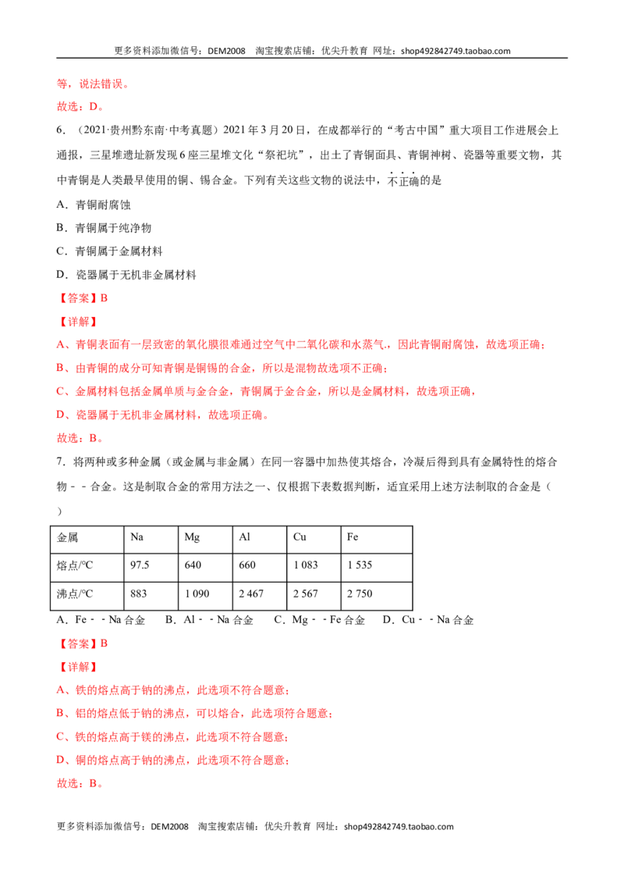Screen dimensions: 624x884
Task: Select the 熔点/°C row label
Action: click(x=75, y=565)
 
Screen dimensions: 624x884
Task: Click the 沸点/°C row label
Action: click(x=75, y=594)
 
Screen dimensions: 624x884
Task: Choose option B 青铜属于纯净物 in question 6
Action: click(x=104, y=228)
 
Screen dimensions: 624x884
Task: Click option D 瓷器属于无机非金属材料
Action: click(x=126, y=275)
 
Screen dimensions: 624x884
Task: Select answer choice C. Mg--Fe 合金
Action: click(x=319, y=620)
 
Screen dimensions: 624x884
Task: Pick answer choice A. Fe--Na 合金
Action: click(x=101, y=620)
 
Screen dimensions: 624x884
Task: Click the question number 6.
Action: click(x=61, y=130)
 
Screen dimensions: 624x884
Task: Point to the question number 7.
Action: click(x=61, y=462)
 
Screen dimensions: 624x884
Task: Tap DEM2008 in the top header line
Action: click(x=226, y=51)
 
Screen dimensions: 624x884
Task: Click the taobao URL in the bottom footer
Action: click(x=399, y=827)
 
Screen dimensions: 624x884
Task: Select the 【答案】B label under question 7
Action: click(x=82, y=643)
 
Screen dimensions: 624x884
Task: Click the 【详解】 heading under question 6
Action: click(x=78, y=322)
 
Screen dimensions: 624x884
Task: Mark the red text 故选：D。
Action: click(x=80, y=106)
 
